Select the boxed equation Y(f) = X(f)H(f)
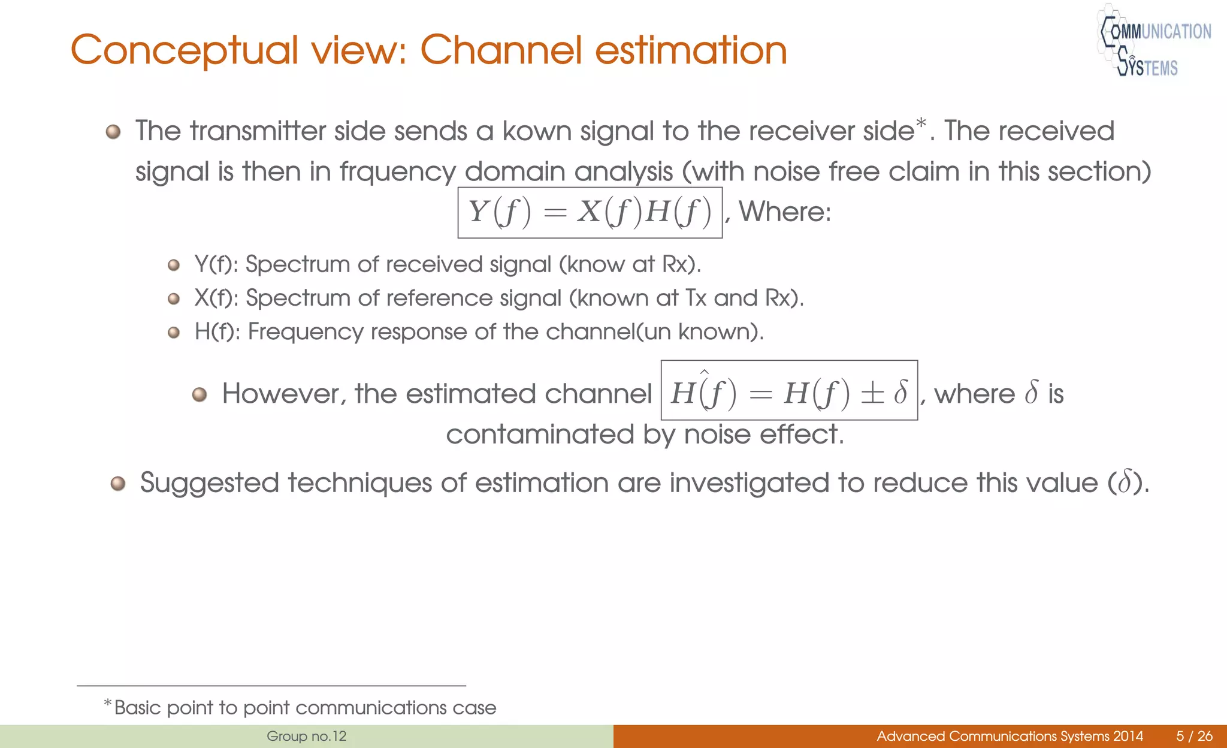click(590, 213)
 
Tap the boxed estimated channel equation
click(789, 391)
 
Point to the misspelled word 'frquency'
click(398, 173)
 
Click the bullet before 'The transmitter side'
click(113, 132)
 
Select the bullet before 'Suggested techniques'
click(118, 484)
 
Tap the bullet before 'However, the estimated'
click(200, 394)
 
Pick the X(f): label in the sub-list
click(216, 298)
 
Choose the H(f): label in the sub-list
click(217, 331)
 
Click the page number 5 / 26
click(1194, 736)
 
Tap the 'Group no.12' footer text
click(306, 736)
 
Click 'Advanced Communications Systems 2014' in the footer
click(1010, 736)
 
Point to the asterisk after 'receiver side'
click(921, 124)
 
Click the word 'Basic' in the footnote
click(137, 708)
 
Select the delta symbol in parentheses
click(1124, 483)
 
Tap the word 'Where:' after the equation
click(785, 212)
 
